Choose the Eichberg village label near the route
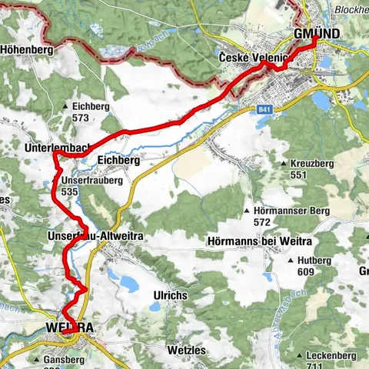(118, 161)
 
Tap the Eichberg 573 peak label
(89, 112)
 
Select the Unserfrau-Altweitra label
(95, 233)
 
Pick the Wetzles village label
(186, 349)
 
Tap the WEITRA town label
(69, 328)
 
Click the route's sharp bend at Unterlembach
(55, 155)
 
